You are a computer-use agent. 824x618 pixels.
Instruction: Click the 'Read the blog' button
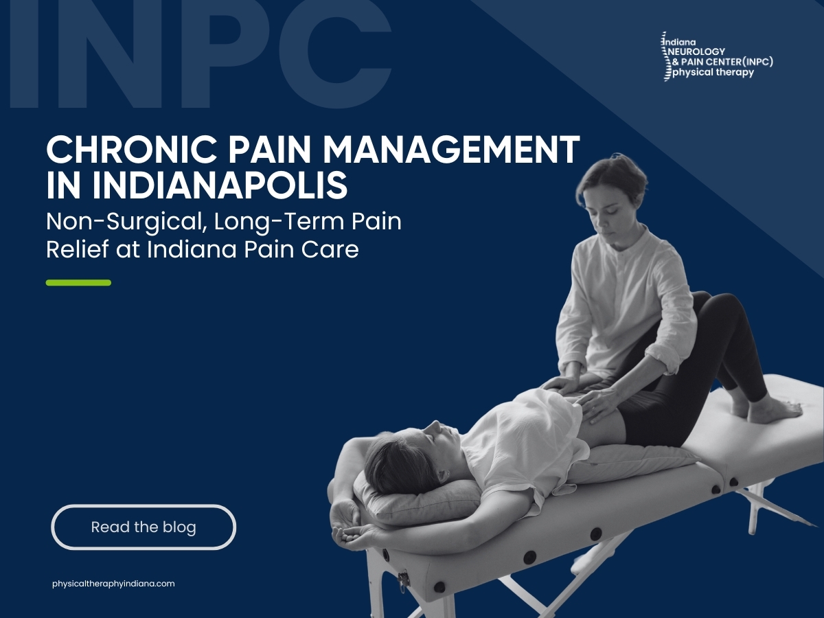[x=144, y=527]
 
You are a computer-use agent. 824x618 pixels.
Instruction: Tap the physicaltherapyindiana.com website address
[x=113, y=584]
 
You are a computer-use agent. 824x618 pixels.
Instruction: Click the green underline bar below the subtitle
[x=78, y=282]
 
